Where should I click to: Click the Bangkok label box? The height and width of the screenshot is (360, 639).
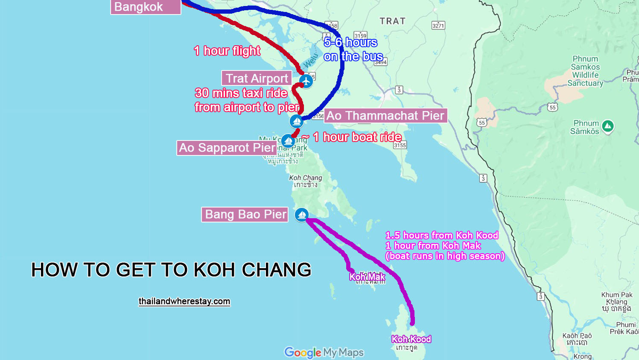(x=145, y=7)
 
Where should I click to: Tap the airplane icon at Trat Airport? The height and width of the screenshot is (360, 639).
(x=306, y=80)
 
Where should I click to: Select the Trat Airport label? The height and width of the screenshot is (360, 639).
(x=257, y=79)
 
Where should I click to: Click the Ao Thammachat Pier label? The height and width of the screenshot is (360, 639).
(x=385, y=116)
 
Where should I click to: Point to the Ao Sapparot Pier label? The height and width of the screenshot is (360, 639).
(x=227, y=148)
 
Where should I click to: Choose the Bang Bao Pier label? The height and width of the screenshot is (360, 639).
(x=245, y=214)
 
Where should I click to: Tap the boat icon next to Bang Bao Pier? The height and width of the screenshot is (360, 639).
(x=302, y=214)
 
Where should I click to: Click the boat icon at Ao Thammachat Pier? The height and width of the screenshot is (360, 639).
(x=297, y=121)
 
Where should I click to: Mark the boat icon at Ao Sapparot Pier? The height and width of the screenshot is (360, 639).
(x=288, y=140)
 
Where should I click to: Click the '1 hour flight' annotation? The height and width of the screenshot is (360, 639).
(x=227, y=51)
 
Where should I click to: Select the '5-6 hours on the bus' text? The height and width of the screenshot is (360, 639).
(x=353, y=50)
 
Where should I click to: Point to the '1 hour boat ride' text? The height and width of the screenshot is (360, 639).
(x=357, y=137)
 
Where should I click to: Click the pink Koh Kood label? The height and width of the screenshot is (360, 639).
(x=411, y=339)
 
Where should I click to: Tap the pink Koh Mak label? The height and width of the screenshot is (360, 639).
(x=367, y=277)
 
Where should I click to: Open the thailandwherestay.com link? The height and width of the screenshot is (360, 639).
(x=184, y=301)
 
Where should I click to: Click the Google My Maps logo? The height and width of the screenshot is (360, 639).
(x=324, y=352)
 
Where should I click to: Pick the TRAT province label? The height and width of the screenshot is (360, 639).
(x=392, y=21)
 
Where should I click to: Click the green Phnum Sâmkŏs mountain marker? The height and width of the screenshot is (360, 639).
(x=608, y=126)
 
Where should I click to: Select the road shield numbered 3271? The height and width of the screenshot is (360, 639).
(x=438, y=26)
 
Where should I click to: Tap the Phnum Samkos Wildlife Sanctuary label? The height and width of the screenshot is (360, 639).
(x=586, y=71)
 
